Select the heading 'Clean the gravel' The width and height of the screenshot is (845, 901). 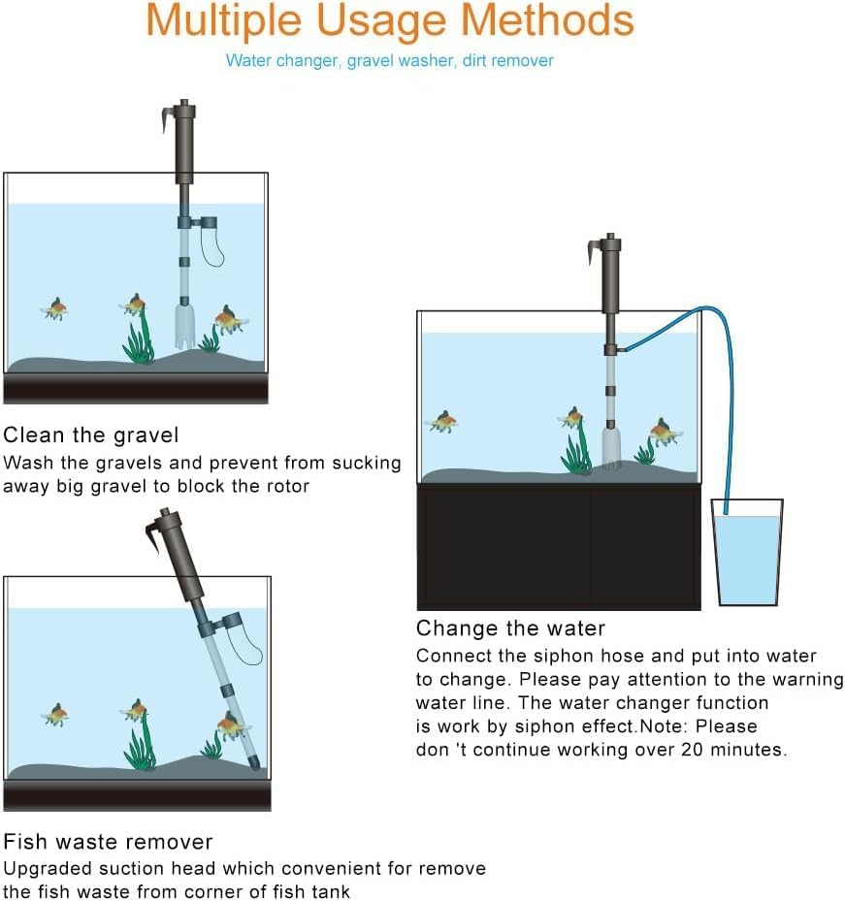coord(91,434)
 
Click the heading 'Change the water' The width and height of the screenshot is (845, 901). coord(510,627)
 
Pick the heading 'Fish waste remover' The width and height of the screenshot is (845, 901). coord(108,841)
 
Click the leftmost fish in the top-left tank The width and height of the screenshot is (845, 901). coord(55,309)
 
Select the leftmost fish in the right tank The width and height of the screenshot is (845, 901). coord(443,421)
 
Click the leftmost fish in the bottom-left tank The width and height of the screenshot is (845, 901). coord(55,715)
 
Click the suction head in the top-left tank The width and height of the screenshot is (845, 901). coord(183,327)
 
